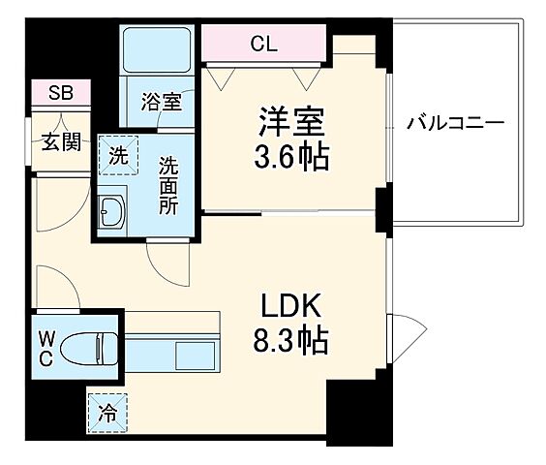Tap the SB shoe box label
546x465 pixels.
click(60, 94)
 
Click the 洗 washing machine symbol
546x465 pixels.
click(116, 153)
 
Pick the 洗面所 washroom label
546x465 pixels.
click(169, 185)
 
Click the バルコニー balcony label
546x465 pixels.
click(455, 124)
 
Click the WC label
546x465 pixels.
click(46, 346)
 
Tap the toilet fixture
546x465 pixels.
click(94, 344)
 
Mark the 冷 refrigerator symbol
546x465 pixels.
click(108, 413)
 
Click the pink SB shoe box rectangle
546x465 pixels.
click(60, 94)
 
